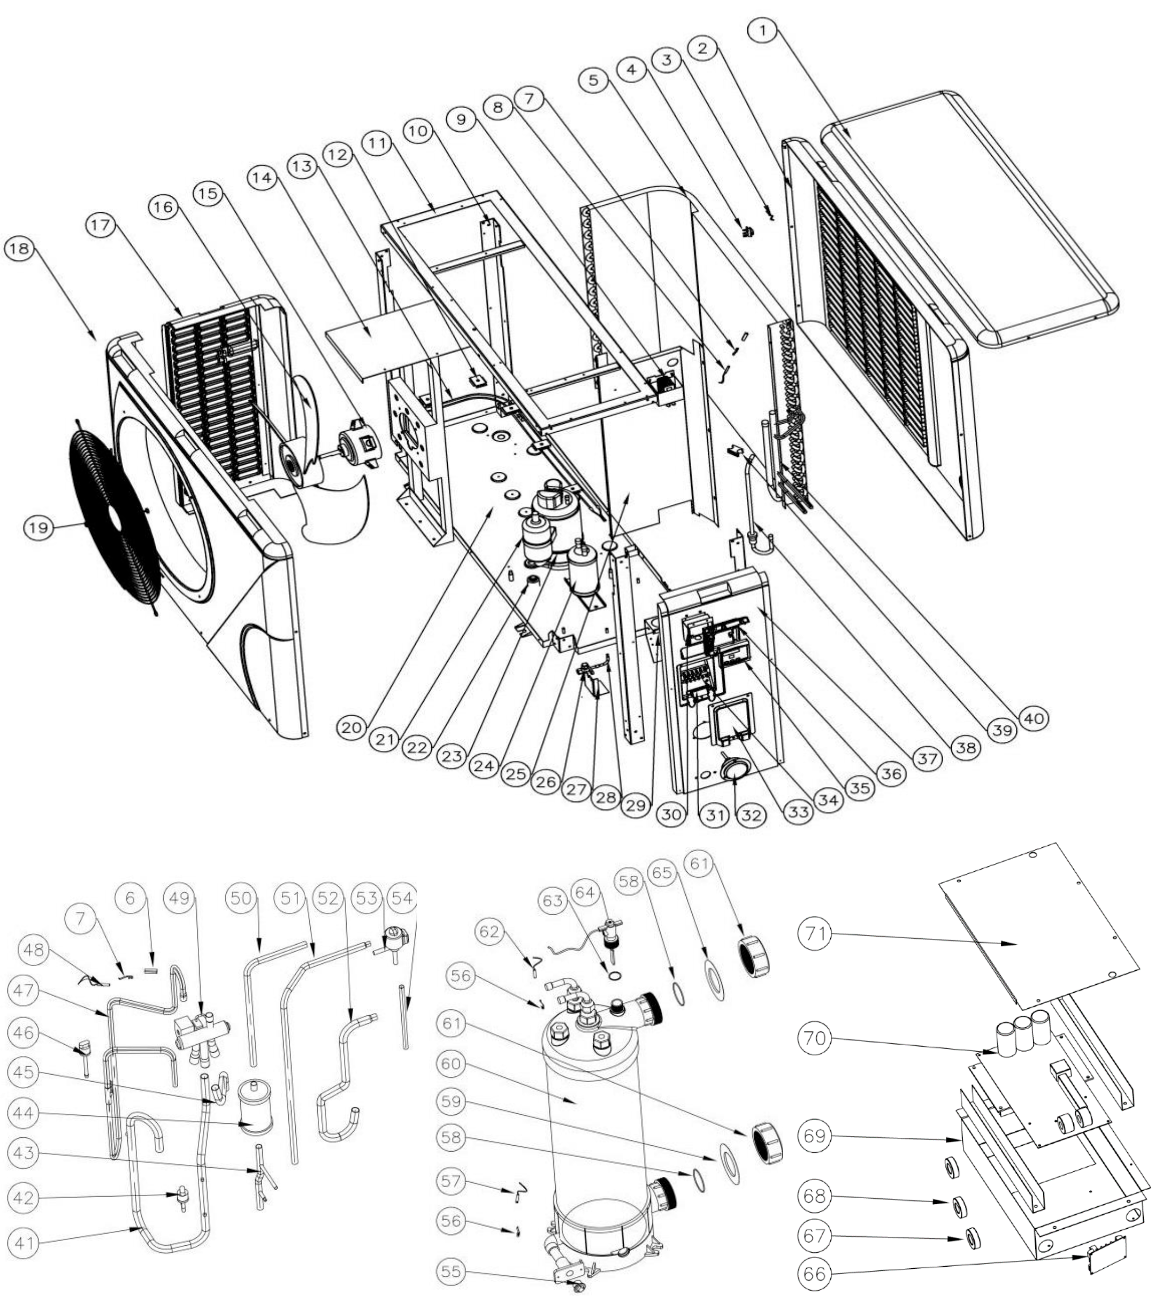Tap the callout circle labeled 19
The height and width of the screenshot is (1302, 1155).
(37, 527)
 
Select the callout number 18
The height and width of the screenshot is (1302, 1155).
(19, 248)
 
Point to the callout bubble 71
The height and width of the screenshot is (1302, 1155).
(815, 935)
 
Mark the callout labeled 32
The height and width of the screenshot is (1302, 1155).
(752, 816)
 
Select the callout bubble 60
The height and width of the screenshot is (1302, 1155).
(451, 1064)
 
